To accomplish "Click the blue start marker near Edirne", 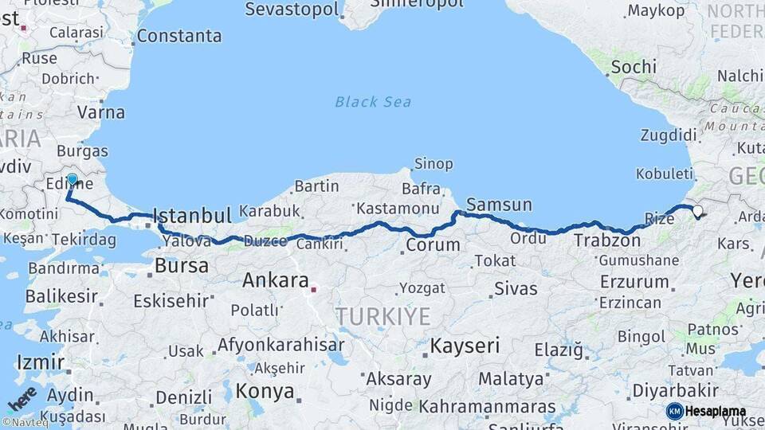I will pos(72,179).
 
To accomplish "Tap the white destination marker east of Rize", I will pos(698,211).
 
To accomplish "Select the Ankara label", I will pos(275,280).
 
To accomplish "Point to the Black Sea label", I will pos(373,101).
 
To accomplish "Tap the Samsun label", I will pos(499,205).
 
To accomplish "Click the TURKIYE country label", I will pos(382,316).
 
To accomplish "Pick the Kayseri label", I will pos(465,346).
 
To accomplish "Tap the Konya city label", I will pos(265,392).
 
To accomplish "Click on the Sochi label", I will pos(634,67).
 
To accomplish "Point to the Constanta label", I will pos(179,36).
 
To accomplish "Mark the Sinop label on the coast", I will pos(433,164).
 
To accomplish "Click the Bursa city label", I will pos(182,265).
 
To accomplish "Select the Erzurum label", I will pos(634,282).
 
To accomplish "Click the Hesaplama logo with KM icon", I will pos(705,411).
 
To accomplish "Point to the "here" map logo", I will pos(22,398).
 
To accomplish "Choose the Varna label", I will pos(101,112).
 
